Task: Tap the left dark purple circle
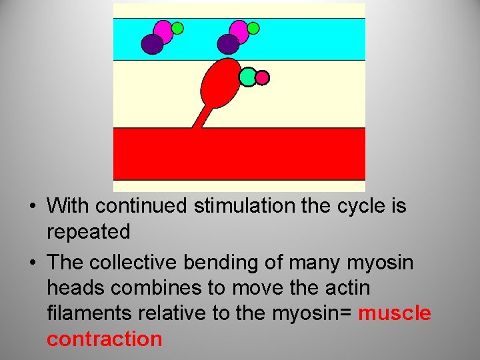[x=153, y=44]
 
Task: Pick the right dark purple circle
[x=228, y=44]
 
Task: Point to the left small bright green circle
[x=177, y=28]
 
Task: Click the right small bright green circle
[x=253, y=28]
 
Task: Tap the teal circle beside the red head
[x=248, y=77]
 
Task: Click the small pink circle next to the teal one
[x=262, y=78]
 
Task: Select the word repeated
[x=88, y=232]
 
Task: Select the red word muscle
[x=395, y=313]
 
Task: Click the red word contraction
[x=104, y=339]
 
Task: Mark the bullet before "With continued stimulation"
[x=32, y=207]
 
